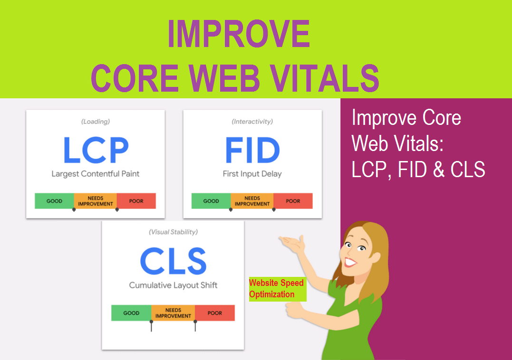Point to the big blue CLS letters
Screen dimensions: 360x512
tap(173, 261)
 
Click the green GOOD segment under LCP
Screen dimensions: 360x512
tap(54, 201)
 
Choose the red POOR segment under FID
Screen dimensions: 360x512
tap(293, 201)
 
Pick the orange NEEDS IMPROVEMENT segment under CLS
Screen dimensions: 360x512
tap(173, 313)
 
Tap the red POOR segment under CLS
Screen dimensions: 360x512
tap(215, 313)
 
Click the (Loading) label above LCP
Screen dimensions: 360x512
tap(96, 122)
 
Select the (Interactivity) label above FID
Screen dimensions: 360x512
tap(252, 122)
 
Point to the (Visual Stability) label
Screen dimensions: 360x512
tap(173, 232)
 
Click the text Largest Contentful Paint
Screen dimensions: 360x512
tap(96, 174)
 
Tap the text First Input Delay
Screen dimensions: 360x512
tap(252, 174)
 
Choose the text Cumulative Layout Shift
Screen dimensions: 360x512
tap(173, 285)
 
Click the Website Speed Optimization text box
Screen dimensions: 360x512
tap(278, 289)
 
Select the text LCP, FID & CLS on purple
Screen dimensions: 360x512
tap(418, 170)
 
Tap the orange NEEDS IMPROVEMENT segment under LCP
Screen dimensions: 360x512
tap(95, 201)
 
